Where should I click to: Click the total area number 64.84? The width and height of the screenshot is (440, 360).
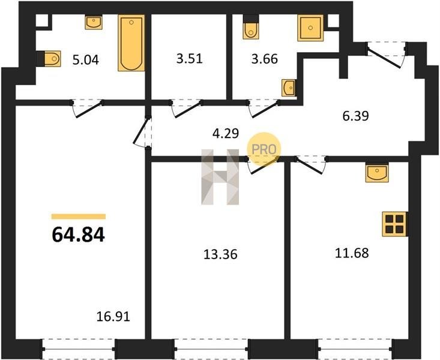[78, 235]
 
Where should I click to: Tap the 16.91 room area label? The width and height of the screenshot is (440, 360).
[113, 317]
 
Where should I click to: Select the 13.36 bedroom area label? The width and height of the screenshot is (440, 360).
[220, 254]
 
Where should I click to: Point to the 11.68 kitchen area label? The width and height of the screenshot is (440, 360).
[352, 253]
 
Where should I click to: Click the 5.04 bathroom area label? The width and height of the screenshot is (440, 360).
[86, 60]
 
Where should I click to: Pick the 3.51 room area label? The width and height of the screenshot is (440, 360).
[190, 59]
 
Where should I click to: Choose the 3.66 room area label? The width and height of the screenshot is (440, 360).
[264, 59]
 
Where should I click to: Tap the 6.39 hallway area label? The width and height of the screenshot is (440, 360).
[355, 116]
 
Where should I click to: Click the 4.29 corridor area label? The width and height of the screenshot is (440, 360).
[226, 133]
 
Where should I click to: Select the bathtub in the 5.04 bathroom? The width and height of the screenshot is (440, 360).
[131, 43]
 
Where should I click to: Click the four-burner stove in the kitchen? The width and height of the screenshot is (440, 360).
[395, 224]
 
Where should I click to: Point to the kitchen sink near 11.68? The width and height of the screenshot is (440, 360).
[377, 173]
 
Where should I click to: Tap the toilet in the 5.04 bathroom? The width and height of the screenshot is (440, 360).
[49, 59]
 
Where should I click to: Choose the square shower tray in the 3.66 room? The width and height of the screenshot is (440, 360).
[310, 28]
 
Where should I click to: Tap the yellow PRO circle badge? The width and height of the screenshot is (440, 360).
[264, 149]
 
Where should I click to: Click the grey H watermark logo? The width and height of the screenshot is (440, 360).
[220, 177]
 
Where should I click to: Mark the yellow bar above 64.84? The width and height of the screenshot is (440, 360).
[79, 217]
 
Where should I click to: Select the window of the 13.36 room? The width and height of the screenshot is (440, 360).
[211, 349]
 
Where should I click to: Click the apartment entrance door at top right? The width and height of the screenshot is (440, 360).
[387, 55]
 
